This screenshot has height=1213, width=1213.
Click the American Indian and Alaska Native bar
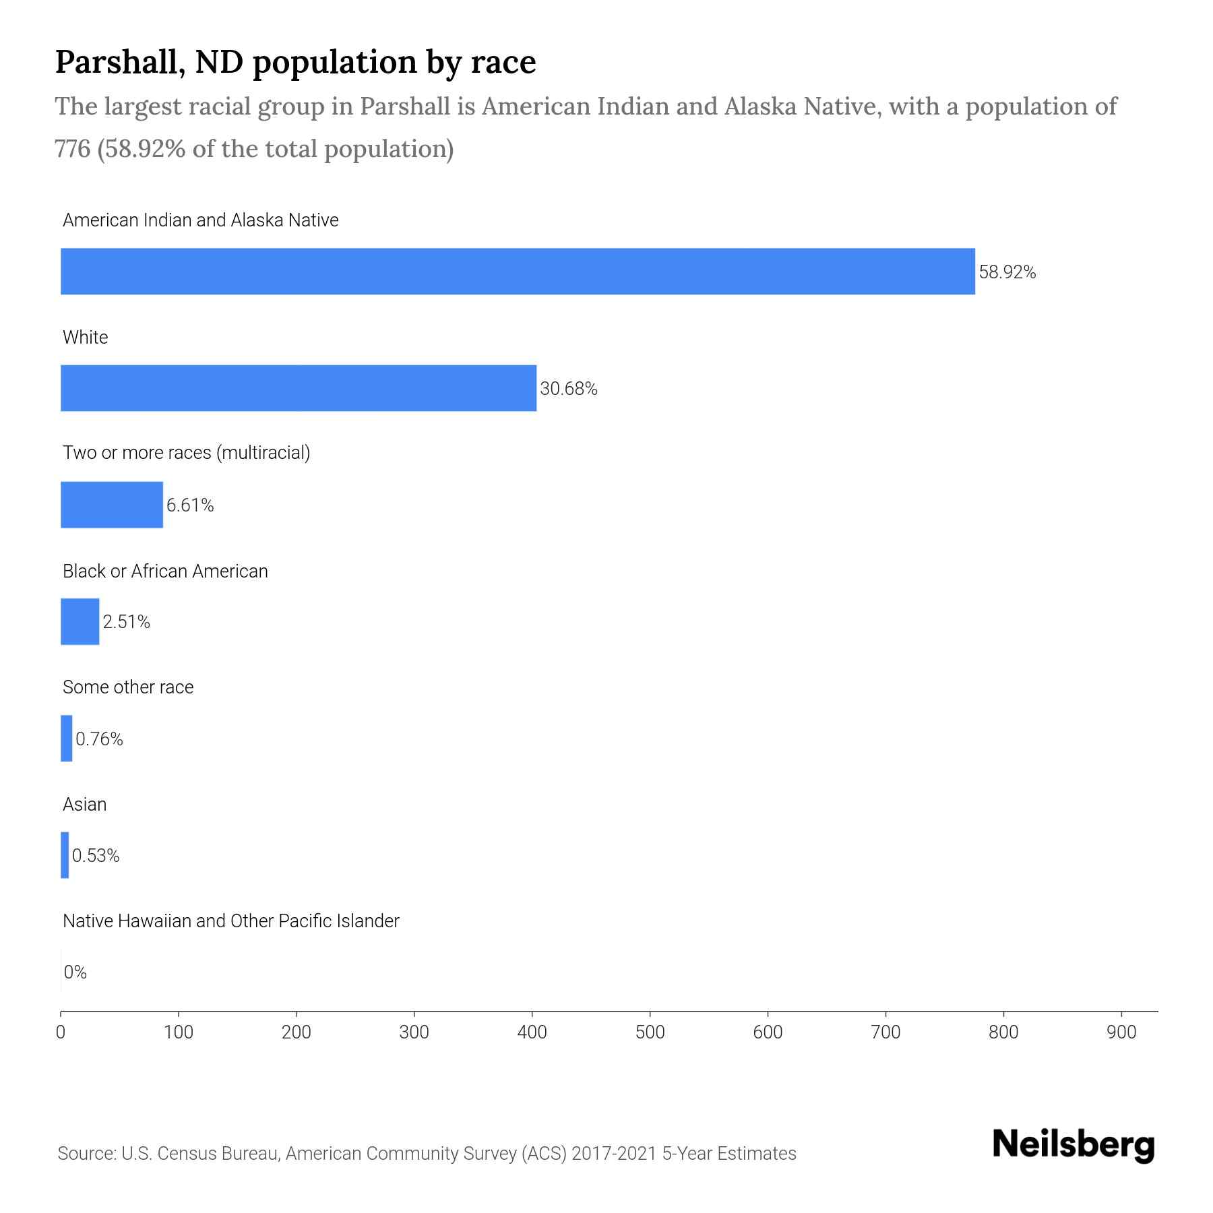(518, 271)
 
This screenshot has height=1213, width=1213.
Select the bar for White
(299, 388)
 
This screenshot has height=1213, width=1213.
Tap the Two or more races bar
(112, 505)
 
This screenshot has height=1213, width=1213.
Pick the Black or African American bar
(80, 621)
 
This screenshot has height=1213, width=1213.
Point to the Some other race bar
(67, 739)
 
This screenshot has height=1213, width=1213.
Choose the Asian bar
(65, 855)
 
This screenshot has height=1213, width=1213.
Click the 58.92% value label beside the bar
(1007, 272)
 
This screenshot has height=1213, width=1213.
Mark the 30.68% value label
(569, 389)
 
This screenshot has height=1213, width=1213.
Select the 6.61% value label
(190, 505)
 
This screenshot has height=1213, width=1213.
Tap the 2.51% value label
(127, 622)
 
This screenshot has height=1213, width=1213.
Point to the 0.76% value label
(99, 739)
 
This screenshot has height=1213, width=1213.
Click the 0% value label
(75, 972)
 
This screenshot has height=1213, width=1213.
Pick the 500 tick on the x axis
(650, 1032)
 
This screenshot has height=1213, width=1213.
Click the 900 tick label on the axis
(1121, 1032)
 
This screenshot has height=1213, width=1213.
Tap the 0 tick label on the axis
(61, 1032)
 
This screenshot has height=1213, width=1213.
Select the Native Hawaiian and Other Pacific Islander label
(231, 921)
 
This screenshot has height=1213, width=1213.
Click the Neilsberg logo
(1074, 1145)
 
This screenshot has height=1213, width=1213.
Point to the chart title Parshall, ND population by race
(295, 62)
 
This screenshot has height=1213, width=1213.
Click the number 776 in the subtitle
(73, 149)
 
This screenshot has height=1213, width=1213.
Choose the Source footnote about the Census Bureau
(427, 1154)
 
